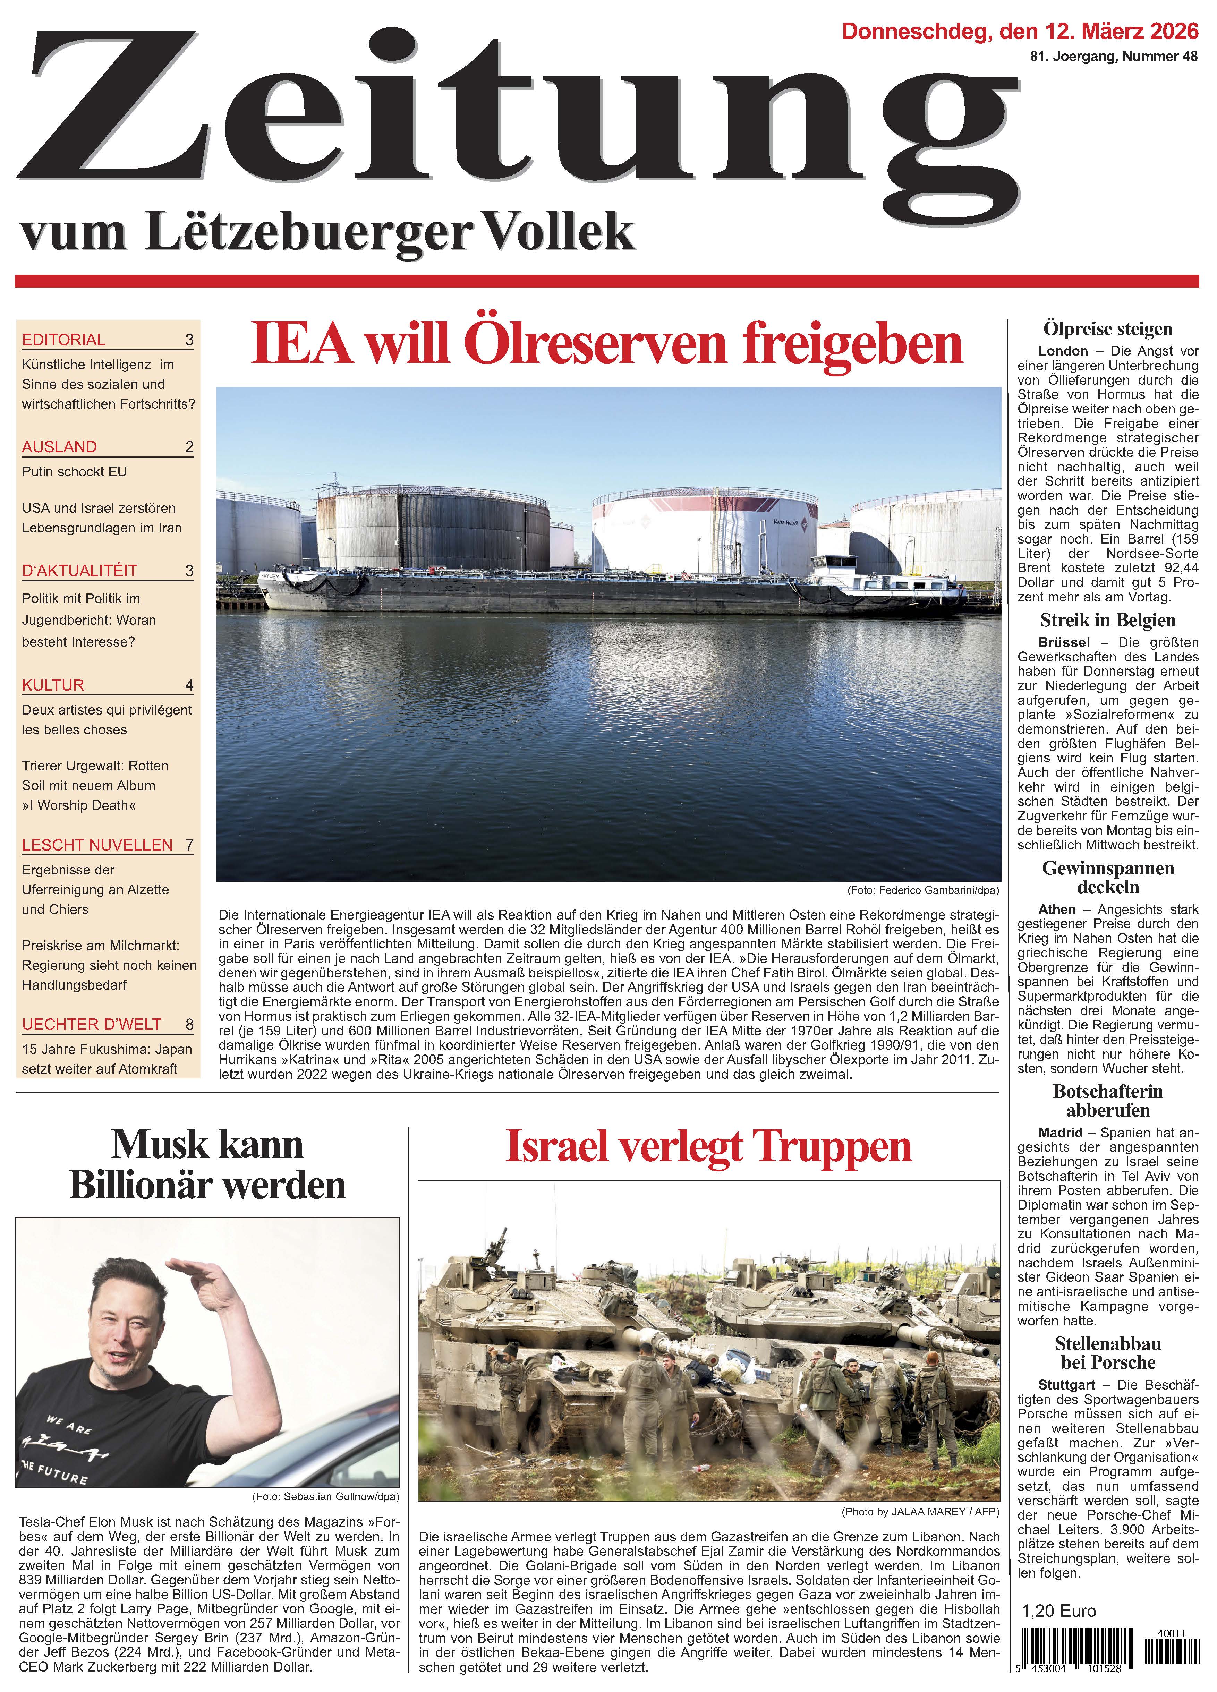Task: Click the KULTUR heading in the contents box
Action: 53,685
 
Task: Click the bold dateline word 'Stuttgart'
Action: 1066,1385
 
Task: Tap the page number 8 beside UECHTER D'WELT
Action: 189,1024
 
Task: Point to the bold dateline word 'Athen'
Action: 1057,909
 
